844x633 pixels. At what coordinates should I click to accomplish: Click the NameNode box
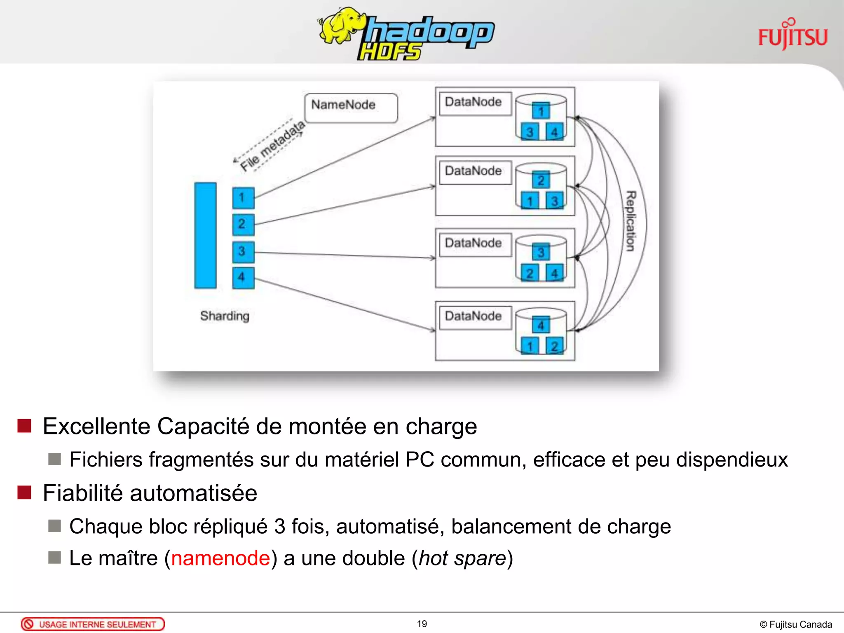(x=351, y=108)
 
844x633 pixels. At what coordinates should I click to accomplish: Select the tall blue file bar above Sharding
(x=205, y=235)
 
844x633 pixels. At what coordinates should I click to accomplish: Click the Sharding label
(x=225, y=316)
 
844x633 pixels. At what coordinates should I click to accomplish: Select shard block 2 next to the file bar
(x=243, y=224)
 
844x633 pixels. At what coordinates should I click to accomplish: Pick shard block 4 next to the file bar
(x=243, y=277)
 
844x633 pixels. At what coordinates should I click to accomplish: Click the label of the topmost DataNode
(x=474, y=102)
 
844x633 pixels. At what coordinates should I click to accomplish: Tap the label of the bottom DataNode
(x=474, y=316)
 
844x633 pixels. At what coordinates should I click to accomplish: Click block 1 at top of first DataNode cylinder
(x=541, y=110)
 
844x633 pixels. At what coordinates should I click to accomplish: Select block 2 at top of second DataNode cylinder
(x=541, y=180)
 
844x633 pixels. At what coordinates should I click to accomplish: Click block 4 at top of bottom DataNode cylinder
(x=541, y=325)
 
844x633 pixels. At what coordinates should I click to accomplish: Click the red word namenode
(x=220, y=558)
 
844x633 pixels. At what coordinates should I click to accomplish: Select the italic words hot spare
(x=462, y=558)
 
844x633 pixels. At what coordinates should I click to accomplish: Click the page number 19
(x=422, y=624)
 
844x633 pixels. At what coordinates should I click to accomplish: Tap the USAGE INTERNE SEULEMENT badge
(x=93, y=624)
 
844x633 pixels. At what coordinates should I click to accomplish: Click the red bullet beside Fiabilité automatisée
(x=25, y=492)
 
